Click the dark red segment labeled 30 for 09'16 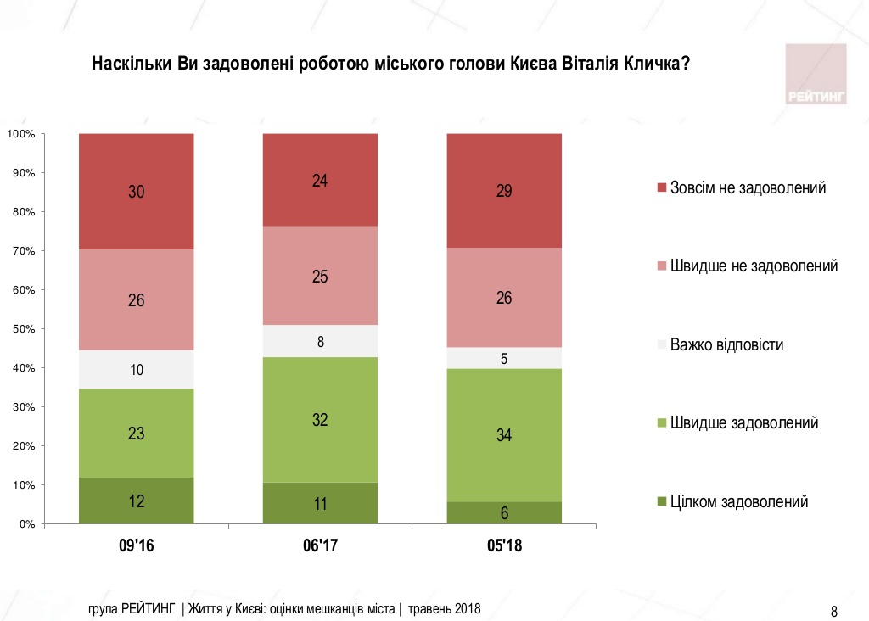(x=136, y=192)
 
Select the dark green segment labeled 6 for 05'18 (x=504, y=512)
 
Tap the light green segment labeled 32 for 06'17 (x=320, y=419)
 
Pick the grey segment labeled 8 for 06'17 (x=320, y=341)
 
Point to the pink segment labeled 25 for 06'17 (x=320, y=276)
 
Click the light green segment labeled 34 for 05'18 (x=504, y=435)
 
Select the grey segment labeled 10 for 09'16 (x=136, y=369)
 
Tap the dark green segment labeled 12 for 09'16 (x=136, y=501)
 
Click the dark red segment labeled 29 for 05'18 (x=504, y=191)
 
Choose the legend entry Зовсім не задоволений (x=747, y=187)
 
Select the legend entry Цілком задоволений (x=738, y=501)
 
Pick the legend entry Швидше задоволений (x=743, y=422)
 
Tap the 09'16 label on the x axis (x=136, y=546)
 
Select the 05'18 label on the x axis (x=504, y=546)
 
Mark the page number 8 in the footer (x=833, y=611)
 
